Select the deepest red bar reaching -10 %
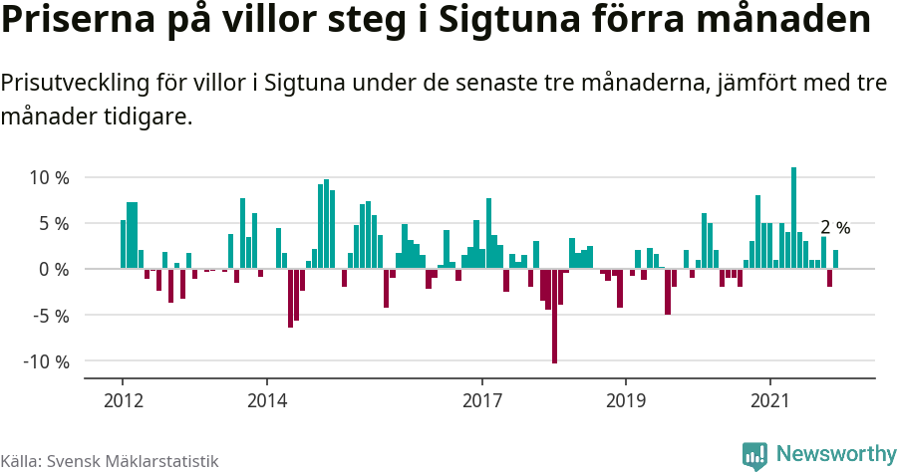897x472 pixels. [554, 316]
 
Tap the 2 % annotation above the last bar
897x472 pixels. [835, 228]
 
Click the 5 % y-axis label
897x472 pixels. [53, 224]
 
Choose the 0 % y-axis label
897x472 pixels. [53, 270]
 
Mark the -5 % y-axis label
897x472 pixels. [50, 316]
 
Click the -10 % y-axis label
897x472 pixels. [46, 361]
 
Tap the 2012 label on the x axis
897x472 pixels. [122, 400]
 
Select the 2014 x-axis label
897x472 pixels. [266, 400]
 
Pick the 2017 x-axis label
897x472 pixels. [482, 400]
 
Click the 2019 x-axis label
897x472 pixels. [626, 400]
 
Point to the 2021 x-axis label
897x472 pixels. [770, 400]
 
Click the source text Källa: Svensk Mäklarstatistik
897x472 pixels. [110, 461]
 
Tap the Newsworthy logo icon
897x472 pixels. [754, 455]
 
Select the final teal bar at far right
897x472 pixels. [835, 259]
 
